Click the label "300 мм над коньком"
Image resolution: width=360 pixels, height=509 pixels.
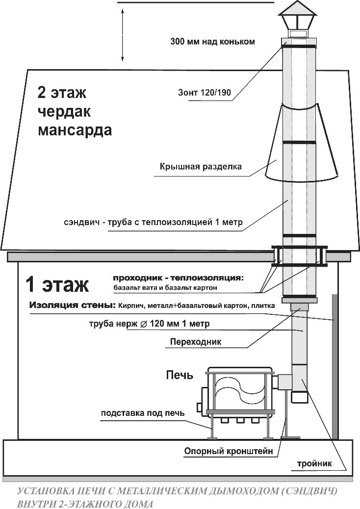pyautogui.click(x=212, y=42)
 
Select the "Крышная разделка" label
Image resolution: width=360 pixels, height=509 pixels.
pyautogui.click(x=201, y=167)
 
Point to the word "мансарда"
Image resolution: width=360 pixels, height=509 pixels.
pyautogui.click(x=75, y=131)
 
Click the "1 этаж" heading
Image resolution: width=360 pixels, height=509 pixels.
pyautogui.click(x=57, y=284)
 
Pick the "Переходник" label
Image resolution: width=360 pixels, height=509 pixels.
pyautogui.click(x=195, y=342)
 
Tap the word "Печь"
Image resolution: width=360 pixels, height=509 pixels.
pyautogui.click(x=179, y=375)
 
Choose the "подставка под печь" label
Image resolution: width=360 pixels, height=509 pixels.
pyautogui.click(x=143, y=412)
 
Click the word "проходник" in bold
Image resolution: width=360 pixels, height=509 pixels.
pyautogui.click(x=137, y=278)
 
